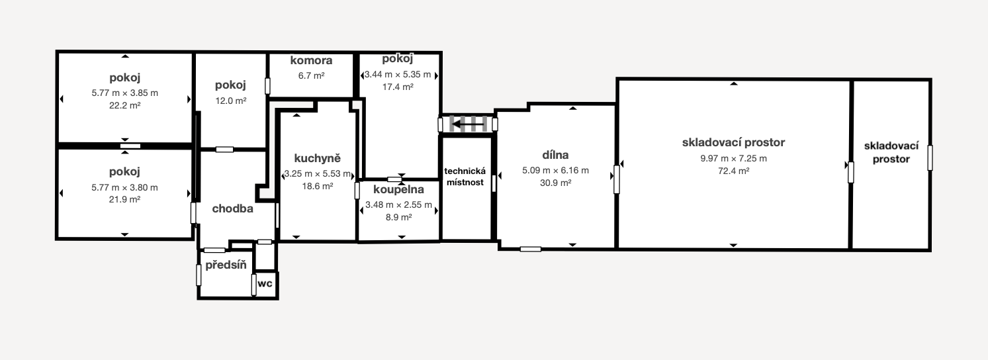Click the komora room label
click(311, 61)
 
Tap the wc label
click(265, 283)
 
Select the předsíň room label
click(226, 265)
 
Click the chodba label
click(232, 208)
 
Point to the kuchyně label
click(318, 158)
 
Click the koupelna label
click(398, 189)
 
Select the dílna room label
click(555, 156)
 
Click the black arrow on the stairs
click(469, 123)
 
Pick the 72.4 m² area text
click(733, 171)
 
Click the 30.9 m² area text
click(555, 183)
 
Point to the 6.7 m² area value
click(311, 75)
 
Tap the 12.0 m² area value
click(230, 101)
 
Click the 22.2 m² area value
click(124, 105)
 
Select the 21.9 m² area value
click(124, 199)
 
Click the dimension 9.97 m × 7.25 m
click(733, 158)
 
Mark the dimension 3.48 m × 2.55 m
click(398, 204)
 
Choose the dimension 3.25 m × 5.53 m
click(318, 173)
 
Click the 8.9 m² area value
click(398, 217)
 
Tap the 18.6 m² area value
click(318, 187)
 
